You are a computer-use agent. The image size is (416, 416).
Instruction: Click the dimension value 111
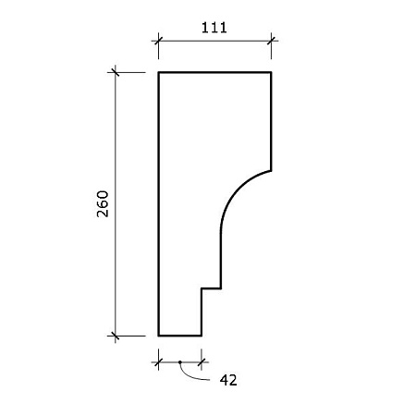tap(214, 28)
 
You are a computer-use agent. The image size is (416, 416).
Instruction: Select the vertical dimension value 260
tap(103, 204)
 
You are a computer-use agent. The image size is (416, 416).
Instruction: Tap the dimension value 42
tap(228, 380)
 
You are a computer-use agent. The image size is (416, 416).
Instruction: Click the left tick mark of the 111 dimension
tap(158, 41)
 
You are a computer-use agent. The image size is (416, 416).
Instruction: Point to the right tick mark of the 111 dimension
tap(271, 41)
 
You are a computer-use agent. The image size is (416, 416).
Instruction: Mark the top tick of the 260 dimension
tap(116, 72)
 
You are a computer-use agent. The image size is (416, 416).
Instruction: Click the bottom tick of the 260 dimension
tap(116, 336)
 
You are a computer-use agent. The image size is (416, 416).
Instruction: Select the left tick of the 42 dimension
tap(158, 362)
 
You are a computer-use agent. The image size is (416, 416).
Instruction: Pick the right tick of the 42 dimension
tap(202, 362)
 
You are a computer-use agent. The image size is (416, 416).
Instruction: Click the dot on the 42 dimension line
tap(180, 362)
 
